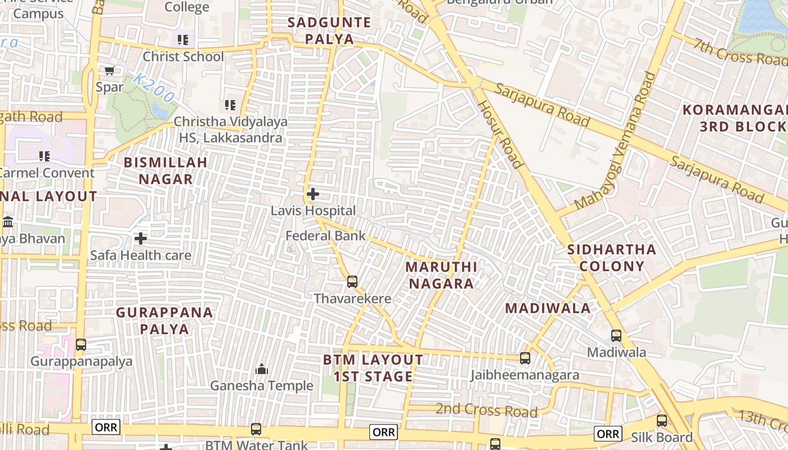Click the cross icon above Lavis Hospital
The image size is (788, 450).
click(313, 195)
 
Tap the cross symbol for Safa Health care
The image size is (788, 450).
click(141, 238)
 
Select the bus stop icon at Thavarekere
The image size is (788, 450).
click(352, 281)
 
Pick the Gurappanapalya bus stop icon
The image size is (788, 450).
click(81, 344)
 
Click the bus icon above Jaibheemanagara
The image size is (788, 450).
click(525, 358)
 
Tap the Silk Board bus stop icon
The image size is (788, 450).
click(662, 421)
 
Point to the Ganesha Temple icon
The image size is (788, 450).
click(261, 369)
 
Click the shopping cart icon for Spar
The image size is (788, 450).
click(109, 70)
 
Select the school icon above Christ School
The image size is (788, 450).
click(183, 39)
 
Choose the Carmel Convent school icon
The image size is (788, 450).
click(44, 156)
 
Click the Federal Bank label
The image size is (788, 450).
click(325, 236)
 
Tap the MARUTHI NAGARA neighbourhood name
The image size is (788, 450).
click(441, 275)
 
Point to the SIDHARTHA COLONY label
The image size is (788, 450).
click(612, 258)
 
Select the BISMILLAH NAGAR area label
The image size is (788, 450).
click(165, 170)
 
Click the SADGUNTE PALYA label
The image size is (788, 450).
click(329, 31)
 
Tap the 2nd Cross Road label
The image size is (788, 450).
click(486, 410)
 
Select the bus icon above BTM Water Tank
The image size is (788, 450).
click(256, 429)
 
